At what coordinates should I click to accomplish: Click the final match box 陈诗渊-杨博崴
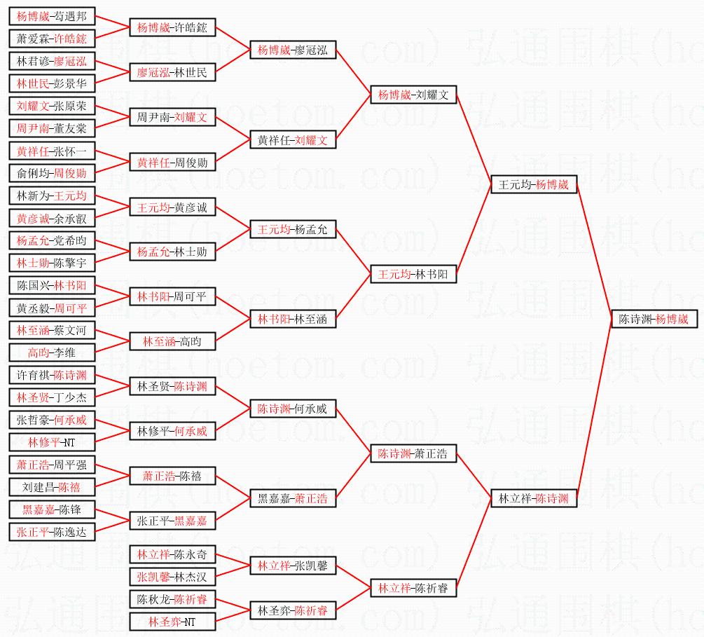tap(654, 319)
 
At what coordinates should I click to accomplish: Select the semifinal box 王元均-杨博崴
tap(534, 185)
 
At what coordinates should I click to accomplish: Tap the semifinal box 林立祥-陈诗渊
tap(534, 499)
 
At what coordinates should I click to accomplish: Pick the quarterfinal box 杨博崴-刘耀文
tap(413, 95)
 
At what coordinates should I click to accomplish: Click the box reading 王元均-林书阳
tap(413, 274)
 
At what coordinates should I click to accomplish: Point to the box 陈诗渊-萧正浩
tap(413, 453)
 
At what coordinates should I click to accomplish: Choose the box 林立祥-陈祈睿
tap(413, 587)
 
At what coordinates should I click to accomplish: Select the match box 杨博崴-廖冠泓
tap(293, 50)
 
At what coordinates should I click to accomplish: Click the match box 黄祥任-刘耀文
tap(293, 139)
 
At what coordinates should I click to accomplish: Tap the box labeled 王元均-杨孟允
tap(293, 229)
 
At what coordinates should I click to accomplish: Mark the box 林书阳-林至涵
tap(293, 319)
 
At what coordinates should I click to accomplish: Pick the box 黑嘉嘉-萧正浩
tap(293, 498)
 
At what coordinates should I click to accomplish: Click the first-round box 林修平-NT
tap(52, 442)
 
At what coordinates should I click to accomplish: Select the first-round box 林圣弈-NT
tap(172, 621)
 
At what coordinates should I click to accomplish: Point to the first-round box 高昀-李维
tap(52, 352)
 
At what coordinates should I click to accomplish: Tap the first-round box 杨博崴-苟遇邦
tap(52, 16)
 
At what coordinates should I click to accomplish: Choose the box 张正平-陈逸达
tap(52, 532)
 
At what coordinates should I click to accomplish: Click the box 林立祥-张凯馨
tap(293, 565)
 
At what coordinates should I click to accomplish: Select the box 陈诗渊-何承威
tap(293, 409)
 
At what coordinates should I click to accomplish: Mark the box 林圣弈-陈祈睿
tap(293, 610)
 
